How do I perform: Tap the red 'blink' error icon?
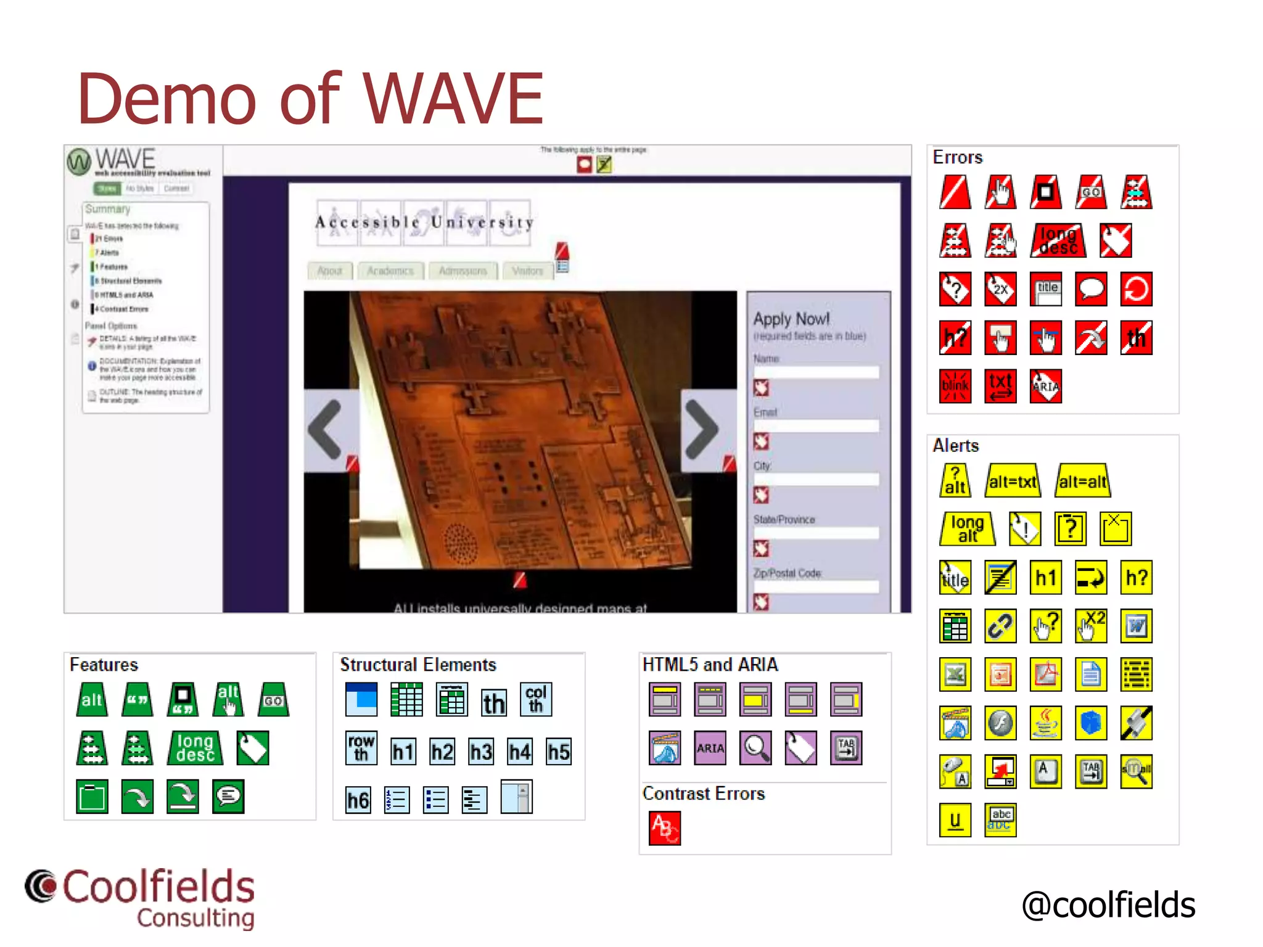point(955,386)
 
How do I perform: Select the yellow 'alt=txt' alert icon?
point(1013,481)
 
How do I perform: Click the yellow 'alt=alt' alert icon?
point(1082,481)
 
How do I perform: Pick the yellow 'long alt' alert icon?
point(967,529)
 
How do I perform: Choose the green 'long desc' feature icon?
point(195,748)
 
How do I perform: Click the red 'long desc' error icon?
point(1058,240)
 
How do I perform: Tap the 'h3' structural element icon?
point(481,752)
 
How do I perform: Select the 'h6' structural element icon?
point(358,800)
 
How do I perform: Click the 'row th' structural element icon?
point(361,748)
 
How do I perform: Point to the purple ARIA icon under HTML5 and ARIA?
point(710,748)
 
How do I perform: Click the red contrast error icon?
point(665,828)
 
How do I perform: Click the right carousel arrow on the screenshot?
point(702,429)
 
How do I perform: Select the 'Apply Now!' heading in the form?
point(791,319)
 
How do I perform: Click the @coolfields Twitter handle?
point(1108,905)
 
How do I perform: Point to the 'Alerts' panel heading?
point(955,445)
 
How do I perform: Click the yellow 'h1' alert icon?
point(1045,578)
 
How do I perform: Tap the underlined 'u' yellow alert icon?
point(955,820)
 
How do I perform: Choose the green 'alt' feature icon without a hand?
point(92,700)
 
